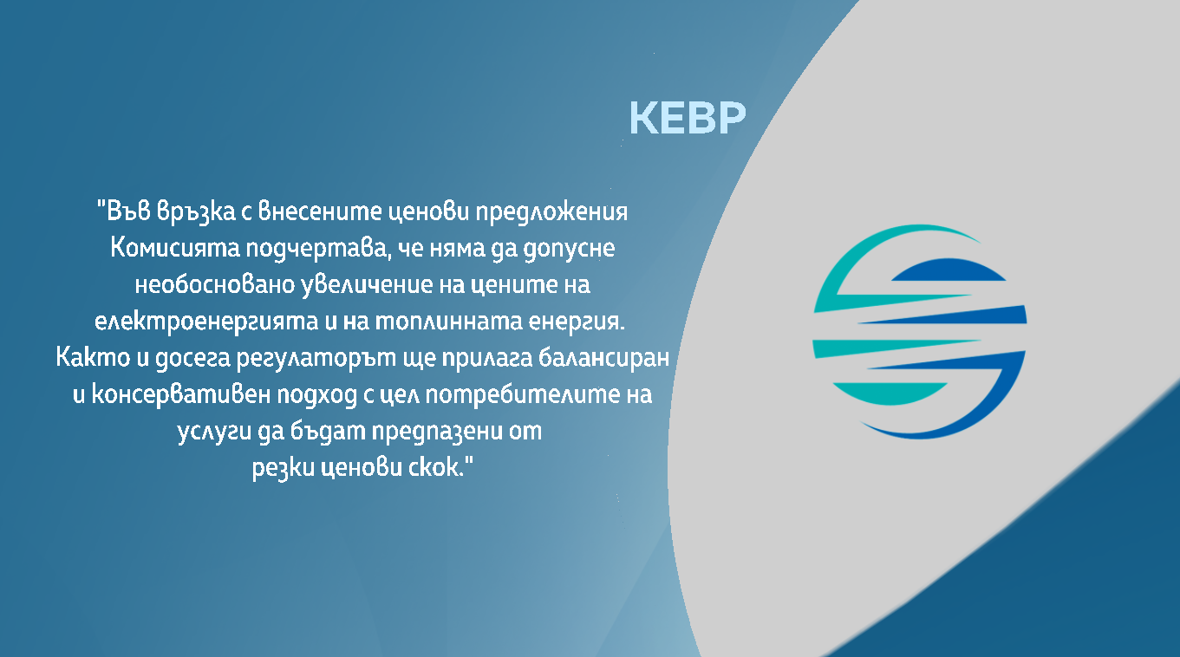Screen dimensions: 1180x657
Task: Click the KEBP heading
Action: (x=688, y=118)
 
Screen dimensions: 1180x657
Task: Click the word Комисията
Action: (x=175, y=248)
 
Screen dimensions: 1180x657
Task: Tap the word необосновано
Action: (x=214, y=285)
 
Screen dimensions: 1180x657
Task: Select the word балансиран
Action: (x=603, y=358)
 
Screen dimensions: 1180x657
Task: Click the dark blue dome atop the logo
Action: (x=949, y=269)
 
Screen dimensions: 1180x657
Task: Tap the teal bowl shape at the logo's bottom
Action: (x=890, y=394)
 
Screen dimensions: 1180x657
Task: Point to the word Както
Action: (x=93, y=358)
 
